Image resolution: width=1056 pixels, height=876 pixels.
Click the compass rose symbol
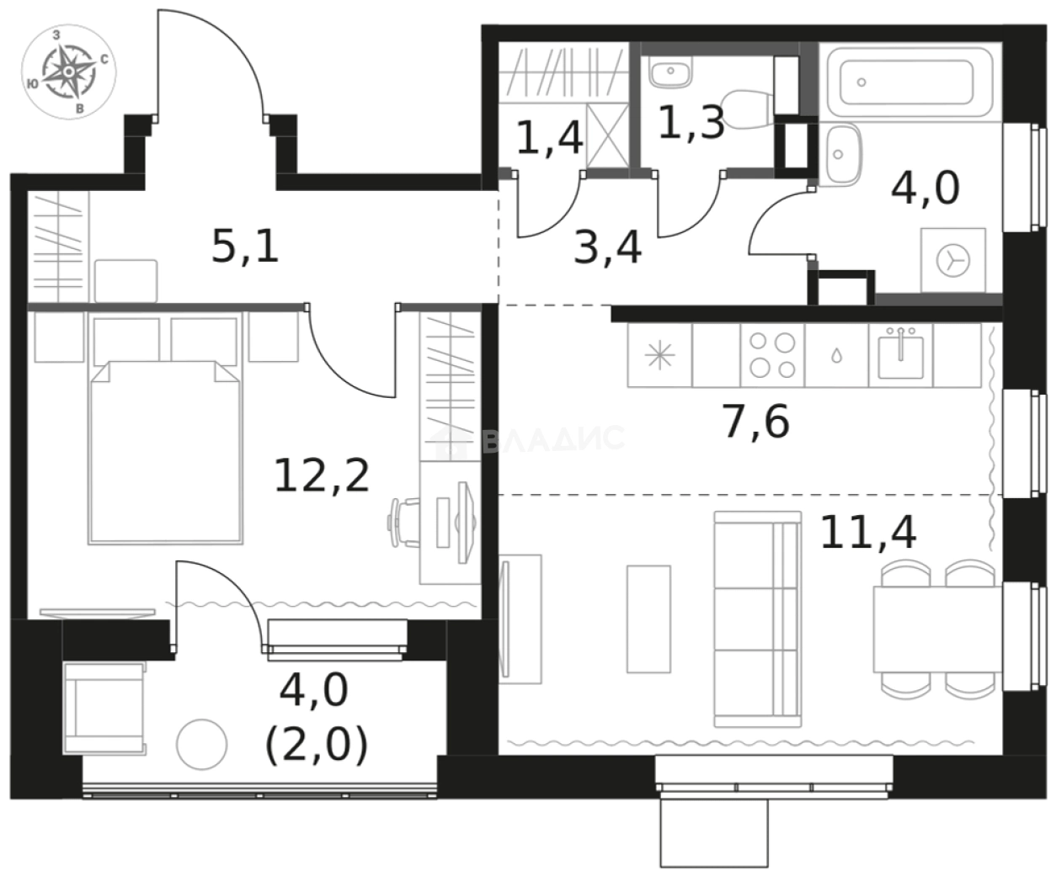click(70, 71)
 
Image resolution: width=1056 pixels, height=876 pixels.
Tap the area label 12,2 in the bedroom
click(322, 475)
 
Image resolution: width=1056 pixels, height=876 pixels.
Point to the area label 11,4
click(867, 532)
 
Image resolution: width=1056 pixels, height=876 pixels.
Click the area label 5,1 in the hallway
click(245, 247)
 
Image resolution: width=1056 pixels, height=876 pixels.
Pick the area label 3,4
click(607, 248)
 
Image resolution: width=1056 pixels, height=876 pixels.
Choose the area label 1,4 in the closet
click(549, 137)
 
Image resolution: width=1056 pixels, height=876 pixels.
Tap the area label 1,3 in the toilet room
click(690, 124)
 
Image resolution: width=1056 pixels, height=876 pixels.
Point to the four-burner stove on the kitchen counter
click(772, 355)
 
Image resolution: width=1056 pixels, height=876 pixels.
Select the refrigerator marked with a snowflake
click(659, 355)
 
